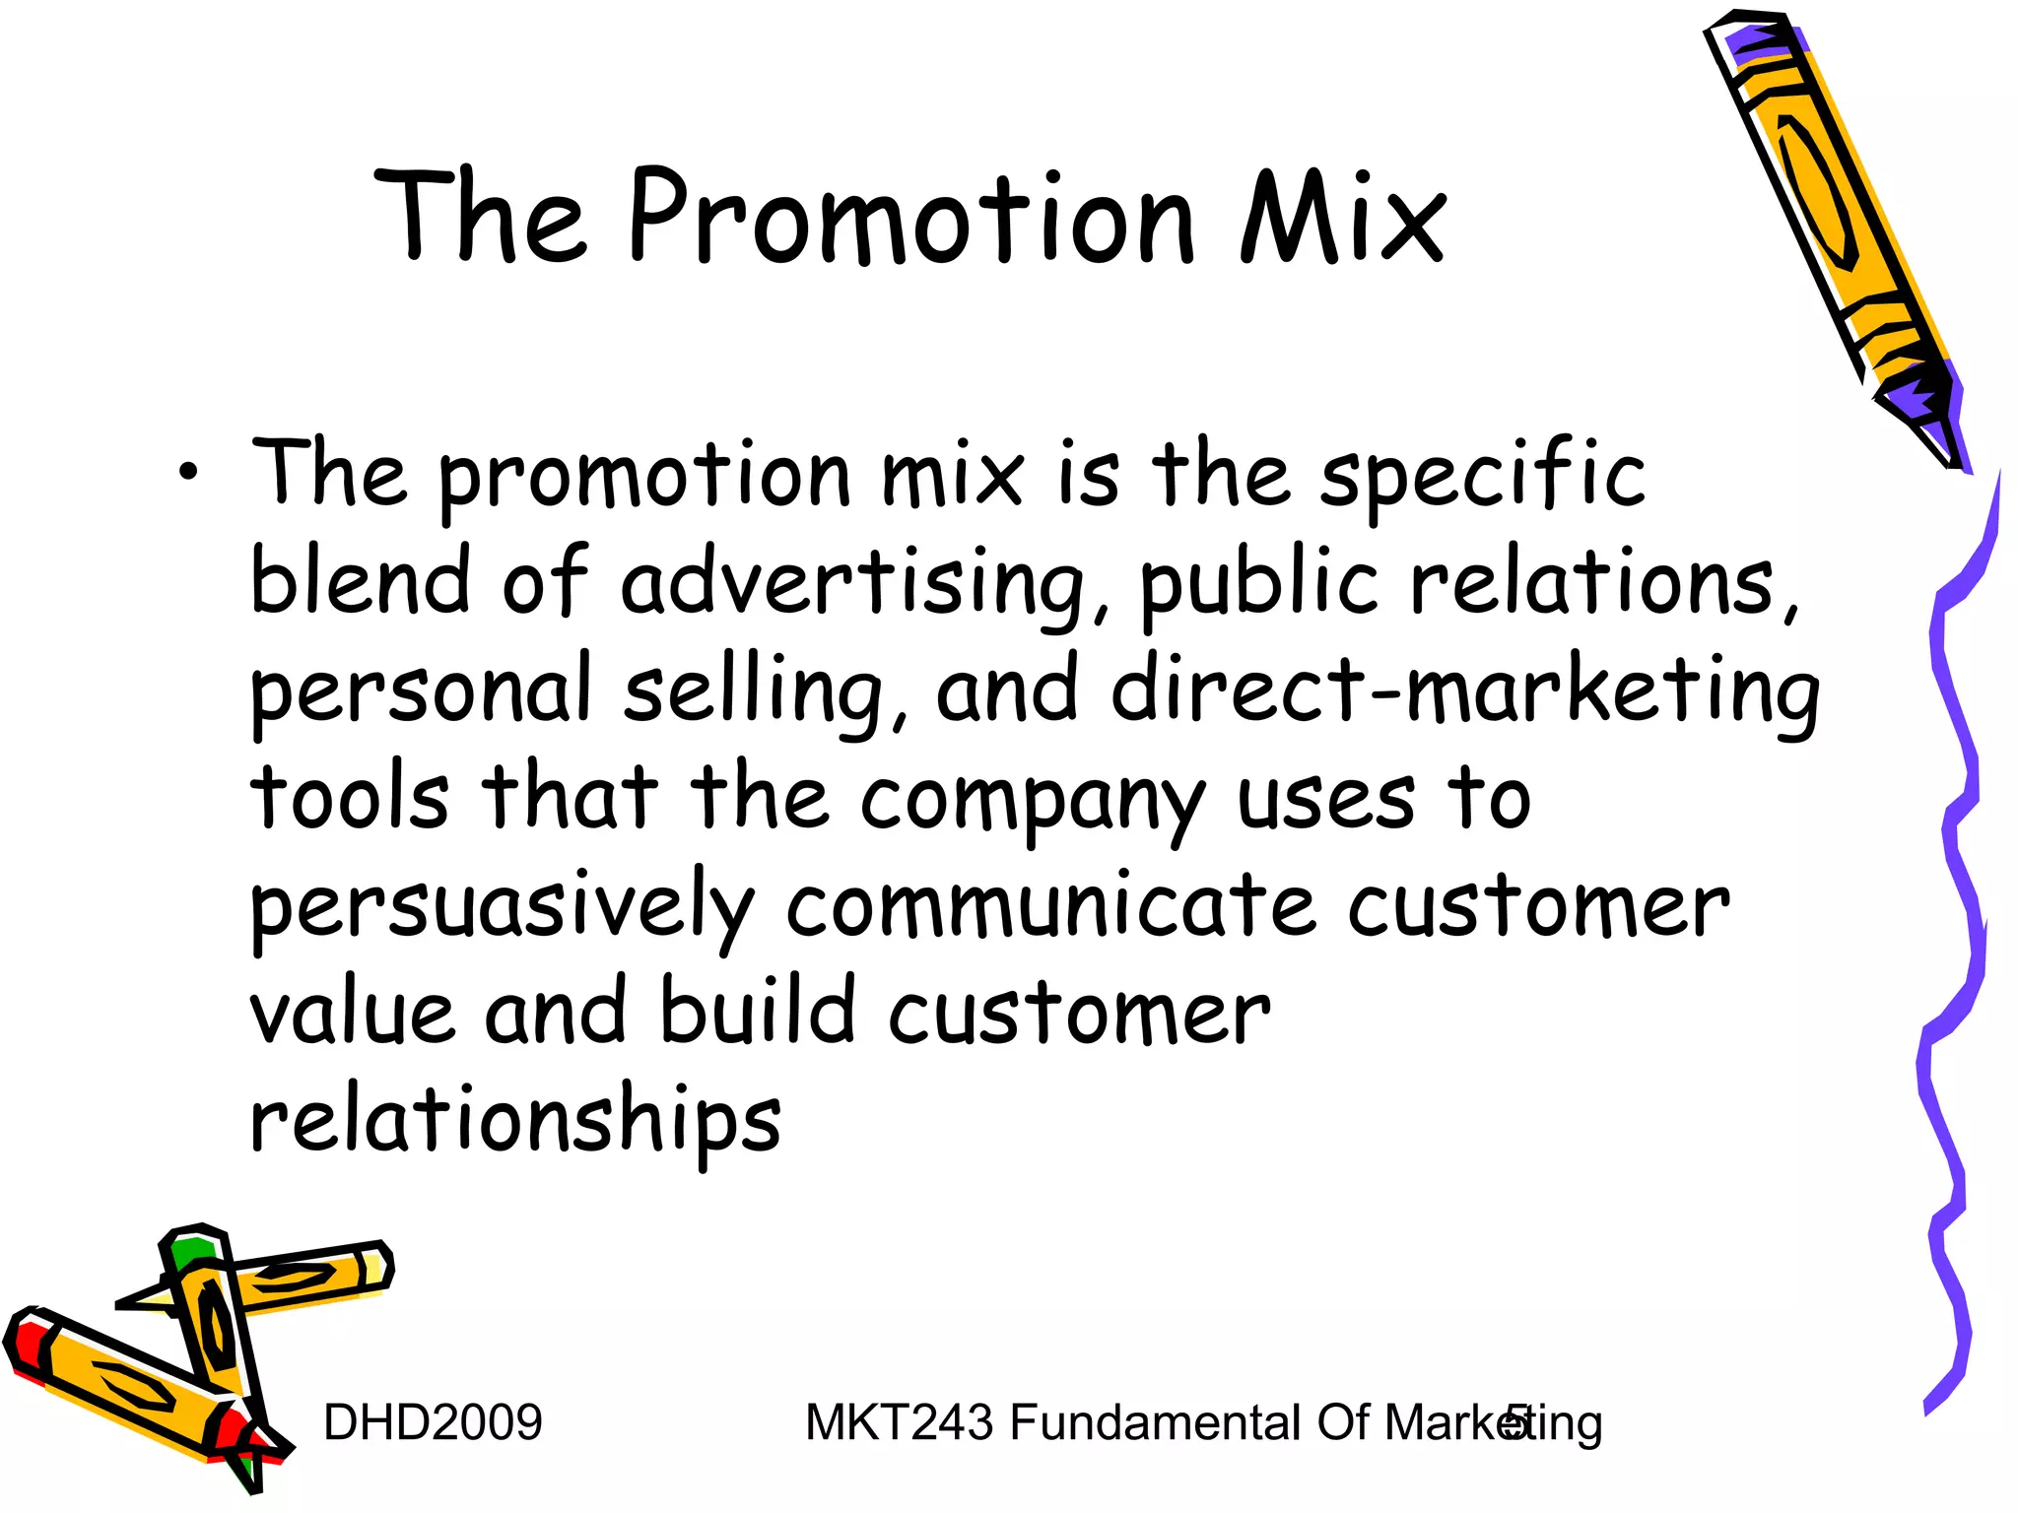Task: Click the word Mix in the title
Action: pyautogui.click(x=1344, y=219)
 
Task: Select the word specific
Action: pyautogui.click(x=1482, y=477)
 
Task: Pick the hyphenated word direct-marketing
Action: pyautogui.click(x=1465, y=691)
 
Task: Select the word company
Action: pyautogui.click(x=1033, y=802)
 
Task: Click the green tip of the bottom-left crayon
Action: pyautogui.click(x=189, y=1250)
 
